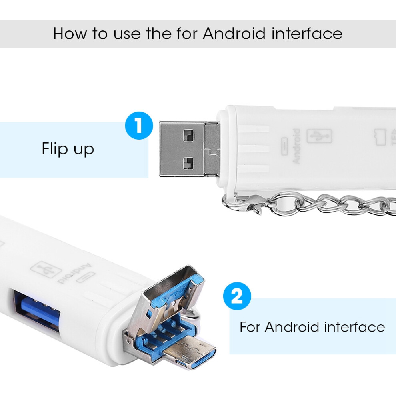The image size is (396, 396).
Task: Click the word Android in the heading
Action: click(x=234, y=33)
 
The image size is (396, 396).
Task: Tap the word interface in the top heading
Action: click(x=307, y=33)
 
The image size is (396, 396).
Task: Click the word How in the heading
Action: click(x=70, y=33)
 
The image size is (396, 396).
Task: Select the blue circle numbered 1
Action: click(x=139, y=126)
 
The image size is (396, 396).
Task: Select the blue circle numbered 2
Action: click(x=237, y=296)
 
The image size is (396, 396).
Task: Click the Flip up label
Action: click(x=68, y=149)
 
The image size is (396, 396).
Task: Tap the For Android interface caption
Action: click(x=312, y=327)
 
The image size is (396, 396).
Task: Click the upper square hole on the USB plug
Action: click(x=188, y=136)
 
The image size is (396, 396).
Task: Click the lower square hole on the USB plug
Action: click(x=188, y=164)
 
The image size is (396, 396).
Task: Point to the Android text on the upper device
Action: click(x=296, y=146)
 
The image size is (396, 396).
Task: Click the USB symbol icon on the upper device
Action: click(x=319, y=136)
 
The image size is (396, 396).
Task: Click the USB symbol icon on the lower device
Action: click(x=46, y=270)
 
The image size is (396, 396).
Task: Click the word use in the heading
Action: click(x=127, y=34)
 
